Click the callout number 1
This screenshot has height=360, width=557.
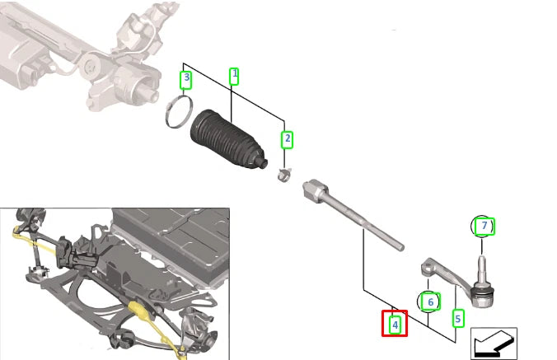(234, 76)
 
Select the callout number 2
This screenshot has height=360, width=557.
(287, 139)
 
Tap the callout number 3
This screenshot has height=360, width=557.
(186, 80)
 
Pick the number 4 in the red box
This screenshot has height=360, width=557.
(395, 324)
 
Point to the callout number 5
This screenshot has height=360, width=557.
(457, 319)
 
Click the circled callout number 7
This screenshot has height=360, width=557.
(482, 226)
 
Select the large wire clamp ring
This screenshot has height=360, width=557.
(179, 112)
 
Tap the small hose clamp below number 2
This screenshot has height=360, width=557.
(284, 175)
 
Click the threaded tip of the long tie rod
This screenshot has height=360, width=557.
(399, 245)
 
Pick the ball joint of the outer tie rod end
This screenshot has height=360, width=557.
(481, 296)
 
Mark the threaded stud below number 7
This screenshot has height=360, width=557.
(481, 268)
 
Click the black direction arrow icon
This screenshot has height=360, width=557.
(494, 344)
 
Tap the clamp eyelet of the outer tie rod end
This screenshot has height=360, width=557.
(429, 267)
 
